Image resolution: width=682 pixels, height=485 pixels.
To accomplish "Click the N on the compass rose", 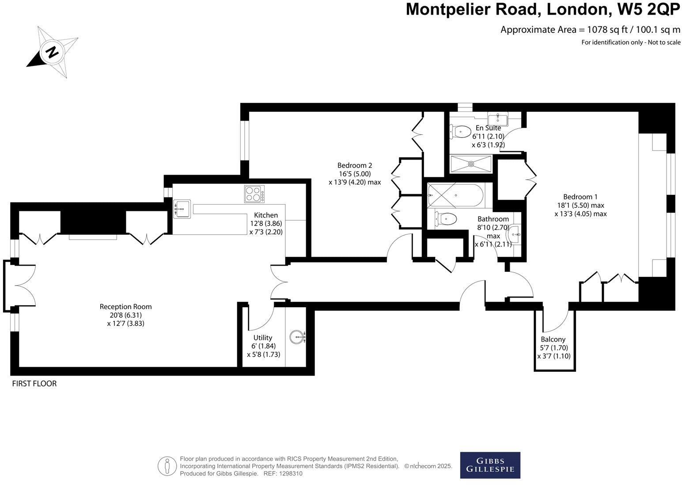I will [x=53, y=52].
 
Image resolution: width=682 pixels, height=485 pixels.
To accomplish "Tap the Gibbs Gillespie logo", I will [x=490, y=465].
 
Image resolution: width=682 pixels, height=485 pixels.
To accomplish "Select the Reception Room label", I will [x=125, y=306].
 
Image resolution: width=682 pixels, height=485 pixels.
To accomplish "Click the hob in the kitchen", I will [x=254, y=194].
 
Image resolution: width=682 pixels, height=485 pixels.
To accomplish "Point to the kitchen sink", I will [x=182, y=209].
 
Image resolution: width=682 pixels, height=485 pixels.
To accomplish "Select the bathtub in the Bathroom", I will [x=455, y=195].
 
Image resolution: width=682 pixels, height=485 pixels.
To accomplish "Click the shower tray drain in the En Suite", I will [x=471, y=164].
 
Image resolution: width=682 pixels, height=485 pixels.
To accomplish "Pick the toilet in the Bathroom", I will [x=446, y=218].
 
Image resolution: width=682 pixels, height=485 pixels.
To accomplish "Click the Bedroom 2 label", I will [x=354, y=165].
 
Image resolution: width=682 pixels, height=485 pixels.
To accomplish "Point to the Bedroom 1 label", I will [x=580, y=197].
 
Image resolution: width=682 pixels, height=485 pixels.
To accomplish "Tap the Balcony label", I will [x=553, y=339].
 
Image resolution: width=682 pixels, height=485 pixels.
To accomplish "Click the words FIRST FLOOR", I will [x=34, y=384].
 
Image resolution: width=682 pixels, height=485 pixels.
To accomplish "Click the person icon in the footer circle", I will [x=167, y=466].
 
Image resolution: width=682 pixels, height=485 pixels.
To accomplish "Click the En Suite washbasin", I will [x=498, y=118].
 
